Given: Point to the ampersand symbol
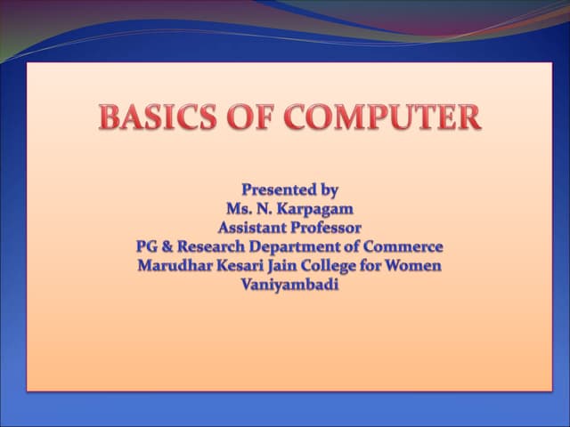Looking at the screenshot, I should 170,246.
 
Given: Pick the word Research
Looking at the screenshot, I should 214,246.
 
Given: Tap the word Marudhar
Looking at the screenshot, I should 175,265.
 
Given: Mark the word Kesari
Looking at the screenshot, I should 242,265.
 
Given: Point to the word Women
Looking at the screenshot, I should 414,265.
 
